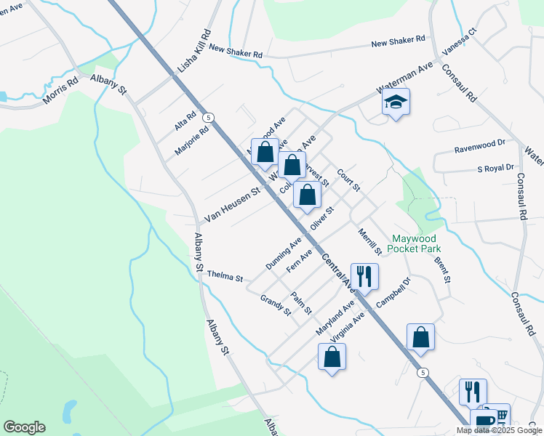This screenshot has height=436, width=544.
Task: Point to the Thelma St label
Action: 224,275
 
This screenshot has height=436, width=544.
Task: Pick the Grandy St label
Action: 276,306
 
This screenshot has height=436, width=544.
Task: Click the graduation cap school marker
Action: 396,102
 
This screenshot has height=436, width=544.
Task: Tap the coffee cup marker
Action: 483,421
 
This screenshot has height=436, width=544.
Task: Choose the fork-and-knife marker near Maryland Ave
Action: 364,276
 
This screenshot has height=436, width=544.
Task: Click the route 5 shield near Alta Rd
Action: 209,117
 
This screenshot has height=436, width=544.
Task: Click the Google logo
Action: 24,427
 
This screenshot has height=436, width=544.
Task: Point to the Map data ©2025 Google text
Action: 498,430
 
